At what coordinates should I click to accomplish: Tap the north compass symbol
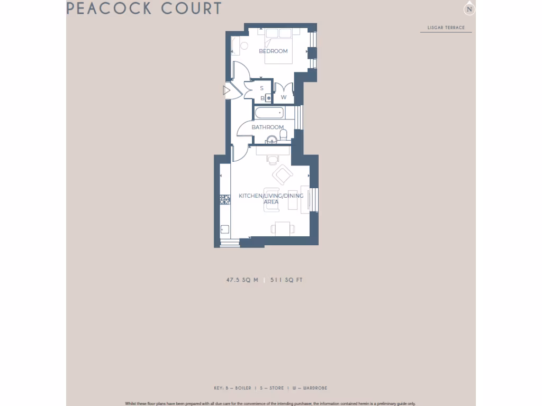[468, 9]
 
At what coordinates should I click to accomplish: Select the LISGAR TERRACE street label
[446, 27]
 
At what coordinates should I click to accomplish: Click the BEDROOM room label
[273, 51]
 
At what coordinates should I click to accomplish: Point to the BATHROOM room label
[267, 127]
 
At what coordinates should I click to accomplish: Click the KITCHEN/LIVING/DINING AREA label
[271, 199]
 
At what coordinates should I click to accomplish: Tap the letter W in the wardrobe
[284, 97]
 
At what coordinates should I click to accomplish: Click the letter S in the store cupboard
[261, 88]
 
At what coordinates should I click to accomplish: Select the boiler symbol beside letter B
[268, 98]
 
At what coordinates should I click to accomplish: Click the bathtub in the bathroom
[269, 113]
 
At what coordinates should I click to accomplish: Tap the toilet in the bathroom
[283, 136]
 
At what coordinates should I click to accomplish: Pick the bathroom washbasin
[271, 140]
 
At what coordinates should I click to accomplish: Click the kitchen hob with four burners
[225, 199]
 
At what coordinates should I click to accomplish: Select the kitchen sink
[224, 229]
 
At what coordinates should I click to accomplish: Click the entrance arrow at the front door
[227, 91]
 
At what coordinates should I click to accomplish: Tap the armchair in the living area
[282, 174]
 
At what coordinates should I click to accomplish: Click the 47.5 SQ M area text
[242, 280]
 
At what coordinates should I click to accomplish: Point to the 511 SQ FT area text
[286, 280]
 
